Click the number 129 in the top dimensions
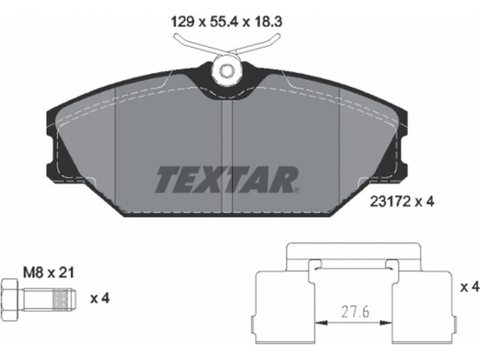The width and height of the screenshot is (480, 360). [183, 22]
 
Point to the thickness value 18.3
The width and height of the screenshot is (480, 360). [266, 22]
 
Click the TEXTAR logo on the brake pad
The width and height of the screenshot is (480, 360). [226, 179]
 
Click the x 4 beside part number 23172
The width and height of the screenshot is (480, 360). [425, 202]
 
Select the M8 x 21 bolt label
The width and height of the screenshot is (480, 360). [49, 272]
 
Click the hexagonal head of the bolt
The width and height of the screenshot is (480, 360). [10, 296]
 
